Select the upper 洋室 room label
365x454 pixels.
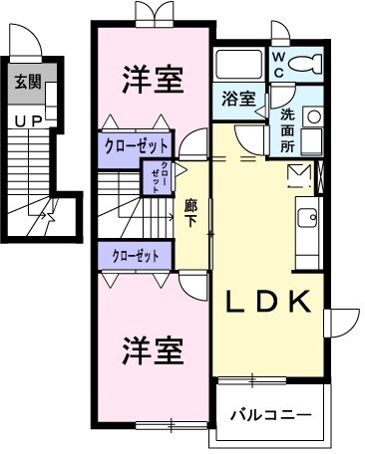(x=154, y=80)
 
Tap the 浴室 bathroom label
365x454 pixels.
(x=237, y=100)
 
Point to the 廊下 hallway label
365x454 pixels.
(x=191, y=214)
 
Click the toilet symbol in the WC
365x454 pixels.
(x=307, y=64)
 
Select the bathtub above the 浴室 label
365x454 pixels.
(x=239, y=67)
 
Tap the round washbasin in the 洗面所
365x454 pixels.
(x=313, y=115)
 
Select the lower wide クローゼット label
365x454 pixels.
(x=137, y=256)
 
